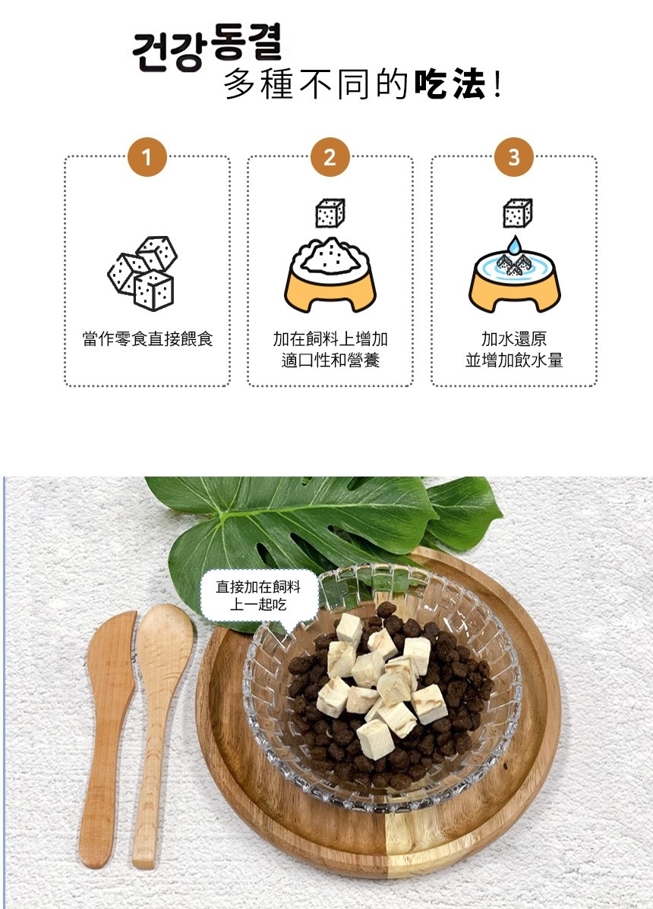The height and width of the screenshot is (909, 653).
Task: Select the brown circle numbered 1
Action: click(147, 157)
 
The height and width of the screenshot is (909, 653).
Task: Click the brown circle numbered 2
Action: click(330, 157)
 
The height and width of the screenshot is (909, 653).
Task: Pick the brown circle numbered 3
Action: click(514, 157)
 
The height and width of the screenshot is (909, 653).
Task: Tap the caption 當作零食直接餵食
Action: click(147, 339)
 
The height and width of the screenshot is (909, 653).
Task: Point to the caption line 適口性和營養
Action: click(330, 360)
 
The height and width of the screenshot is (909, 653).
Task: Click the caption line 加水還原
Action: click(514, 339)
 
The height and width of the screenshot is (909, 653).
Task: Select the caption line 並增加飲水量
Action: click(514, 360)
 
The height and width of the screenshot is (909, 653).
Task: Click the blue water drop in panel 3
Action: click(513, 246)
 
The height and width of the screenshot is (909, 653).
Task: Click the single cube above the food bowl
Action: click(330, 213)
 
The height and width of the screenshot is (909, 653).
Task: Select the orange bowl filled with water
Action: click(514, 282)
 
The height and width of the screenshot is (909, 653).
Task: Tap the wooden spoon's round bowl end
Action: click(165, 637)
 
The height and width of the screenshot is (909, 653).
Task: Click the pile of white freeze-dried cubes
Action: click(380, 684)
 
